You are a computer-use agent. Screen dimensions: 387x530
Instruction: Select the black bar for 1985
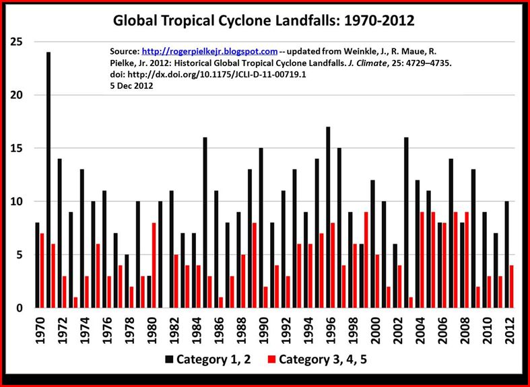point(205,223)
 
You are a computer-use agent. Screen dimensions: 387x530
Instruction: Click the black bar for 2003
point(406,223)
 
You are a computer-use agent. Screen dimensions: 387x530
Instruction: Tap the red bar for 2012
point(512,287)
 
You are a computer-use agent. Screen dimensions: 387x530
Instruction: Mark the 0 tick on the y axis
point(21,308)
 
